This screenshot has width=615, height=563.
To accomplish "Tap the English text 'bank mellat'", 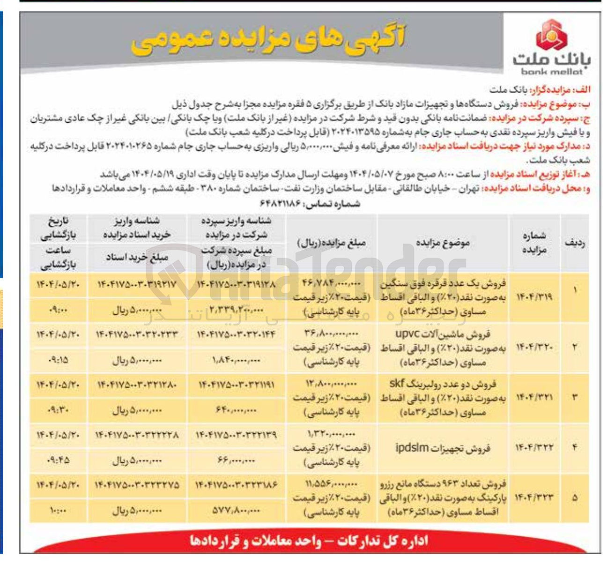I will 552,72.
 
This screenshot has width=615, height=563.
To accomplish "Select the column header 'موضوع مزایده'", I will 442,243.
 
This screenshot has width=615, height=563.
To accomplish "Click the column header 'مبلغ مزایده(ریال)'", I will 331,243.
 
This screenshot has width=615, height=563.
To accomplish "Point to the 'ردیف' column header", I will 574,243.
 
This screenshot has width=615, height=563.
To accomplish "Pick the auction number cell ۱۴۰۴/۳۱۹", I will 534,297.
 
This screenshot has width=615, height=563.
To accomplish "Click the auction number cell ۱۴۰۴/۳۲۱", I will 534,398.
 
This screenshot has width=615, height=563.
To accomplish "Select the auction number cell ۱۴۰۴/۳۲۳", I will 534,497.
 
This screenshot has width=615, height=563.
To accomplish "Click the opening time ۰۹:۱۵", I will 58,360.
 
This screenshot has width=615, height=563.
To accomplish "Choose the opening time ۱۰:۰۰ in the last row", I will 58,511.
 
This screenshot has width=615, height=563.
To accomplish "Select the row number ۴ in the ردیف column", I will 574,447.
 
